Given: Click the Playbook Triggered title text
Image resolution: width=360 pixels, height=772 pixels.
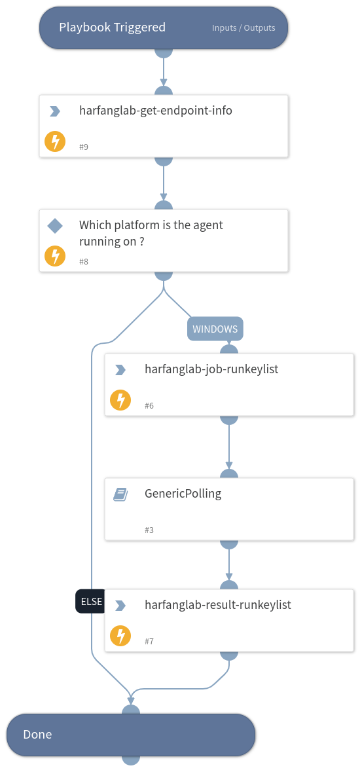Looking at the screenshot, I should (x=112, y=28).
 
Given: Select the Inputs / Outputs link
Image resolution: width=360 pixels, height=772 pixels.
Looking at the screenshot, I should (x=243, y=28).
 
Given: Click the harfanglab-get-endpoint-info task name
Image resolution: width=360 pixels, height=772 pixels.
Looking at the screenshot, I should (x=155, y=111).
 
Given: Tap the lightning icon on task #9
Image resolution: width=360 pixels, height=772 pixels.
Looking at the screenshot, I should (x=55, y=141).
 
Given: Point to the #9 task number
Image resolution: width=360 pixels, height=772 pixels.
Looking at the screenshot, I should (x=84, y=147).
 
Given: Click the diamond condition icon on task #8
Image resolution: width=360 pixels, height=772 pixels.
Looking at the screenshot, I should (x=55, y=226).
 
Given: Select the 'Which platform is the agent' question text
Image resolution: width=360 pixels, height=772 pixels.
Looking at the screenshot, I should (x=151, y=225).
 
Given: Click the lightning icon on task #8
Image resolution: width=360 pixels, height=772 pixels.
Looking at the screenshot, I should (x=55, y=256).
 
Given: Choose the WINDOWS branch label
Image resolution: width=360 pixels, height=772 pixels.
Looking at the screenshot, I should (x=215, y=329).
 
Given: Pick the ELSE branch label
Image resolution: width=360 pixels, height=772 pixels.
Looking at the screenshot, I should (x=90, y=601).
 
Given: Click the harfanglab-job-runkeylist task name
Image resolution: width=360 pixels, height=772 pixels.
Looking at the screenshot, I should (x=211, y=369).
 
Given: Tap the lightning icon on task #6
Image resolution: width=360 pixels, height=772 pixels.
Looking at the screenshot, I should (x=120, y=400).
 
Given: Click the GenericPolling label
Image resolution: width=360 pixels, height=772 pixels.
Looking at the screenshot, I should (x=183, y=494).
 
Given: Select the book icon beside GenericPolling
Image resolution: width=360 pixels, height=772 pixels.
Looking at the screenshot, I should (x=120, y=494).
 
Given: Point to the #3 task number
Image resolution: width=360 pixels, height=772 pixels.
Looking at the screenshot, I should (x=149, y=530).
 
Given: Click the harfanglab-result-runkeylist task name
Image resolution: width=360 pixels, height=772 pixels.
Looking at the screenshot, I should (x=218, y=605).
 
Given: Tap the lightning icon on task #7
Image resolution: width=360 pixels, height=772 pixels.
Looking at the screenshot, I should (x=120, y=636).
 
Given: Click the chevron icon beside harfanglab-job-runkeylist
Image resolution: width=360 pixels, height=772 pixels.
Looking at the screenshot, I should (x=120, y=370).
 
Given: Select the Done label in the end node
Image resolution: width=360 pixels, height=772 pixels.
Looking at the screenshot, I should (x=37, y=735).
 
